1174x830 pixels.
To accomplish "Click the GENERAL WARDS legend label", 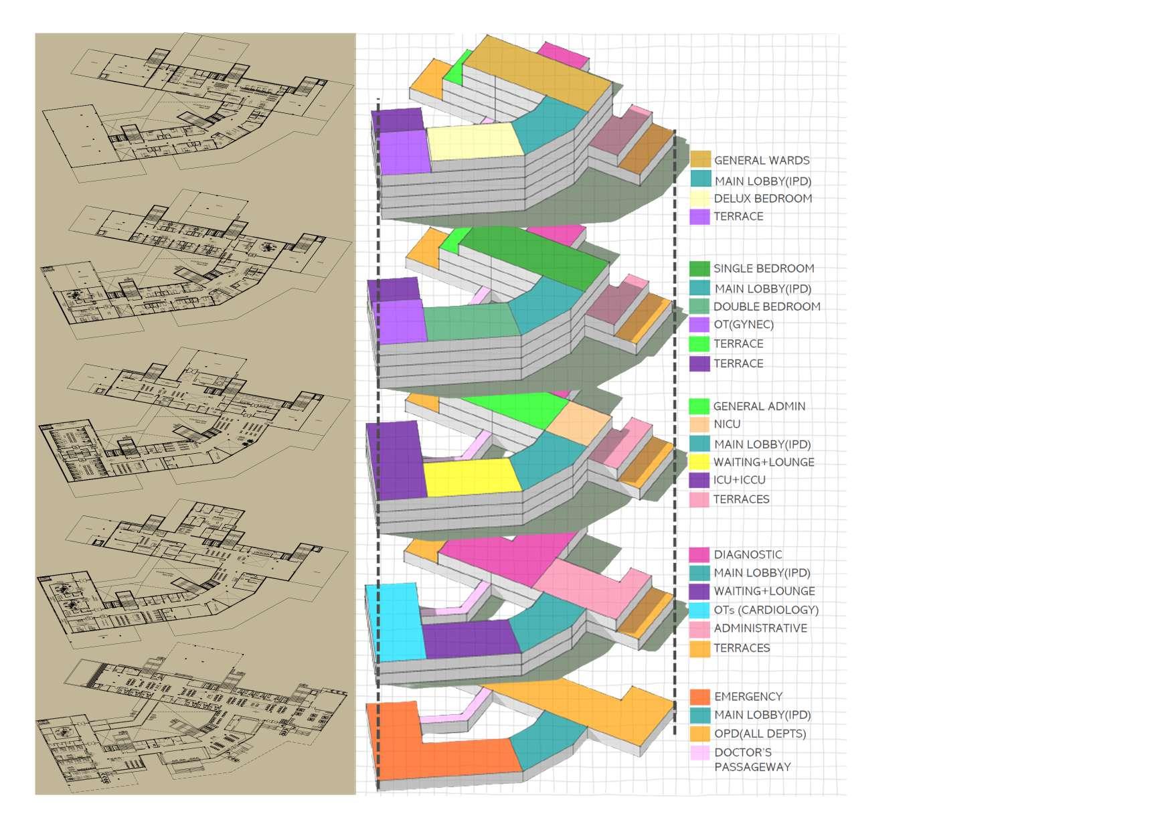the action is (761, 161).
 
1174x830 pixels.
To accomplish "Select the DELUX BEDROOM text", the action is (762, 199).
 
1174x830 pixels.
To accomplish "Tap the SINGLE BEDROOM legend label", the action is (763, 268).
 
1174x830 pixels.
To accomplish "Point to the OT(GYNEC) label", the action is (743, 325).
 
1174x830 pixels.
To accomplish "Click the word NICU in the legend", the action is (726, 424).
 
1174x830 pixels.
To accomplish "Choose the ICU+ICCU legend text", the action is (739, 480).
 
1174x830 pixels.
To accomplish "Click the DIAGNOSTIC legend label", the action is (747, 555).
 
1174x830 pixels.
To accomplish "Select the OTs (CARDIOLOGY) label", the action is (766, 610).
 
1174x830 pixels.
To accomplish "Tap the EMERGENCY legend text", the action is (748, 697).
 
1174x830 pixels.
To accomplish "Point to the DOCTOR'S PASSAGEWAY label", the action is (752, 760).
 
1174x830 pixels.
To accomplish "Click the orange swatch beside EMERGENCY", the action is (700, 697).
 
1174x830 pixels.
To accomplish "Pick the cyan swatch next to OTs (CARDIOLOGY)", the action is (699, 610).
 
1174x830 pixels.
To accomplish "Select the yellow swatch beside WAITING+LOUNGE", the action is (699, 462).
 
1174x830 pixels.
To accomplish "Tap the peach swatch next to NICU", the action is (699, 424).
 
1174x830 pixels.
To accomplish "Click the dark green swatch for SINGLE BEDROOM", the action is (699, 268).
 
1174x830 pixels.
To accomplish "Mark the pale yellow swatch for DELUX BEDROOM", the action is (699, 199).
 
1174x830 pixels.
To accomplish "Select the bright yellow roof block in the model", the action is (472, 477).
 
